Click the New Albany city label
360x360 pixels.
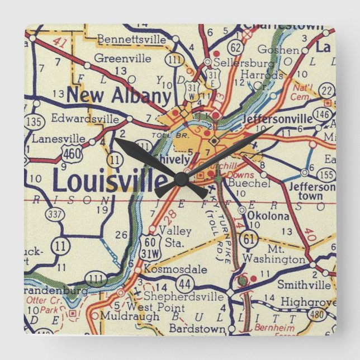(118, 96)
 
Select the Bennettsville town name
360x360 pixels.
(131, 39)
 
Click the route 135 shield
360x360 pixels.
(34, 121)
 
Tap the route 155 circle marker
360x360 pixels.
(327, 174)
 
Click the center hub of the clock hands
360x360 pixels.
(181, 178)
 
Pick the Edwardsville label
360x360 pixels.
(84, 119)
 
